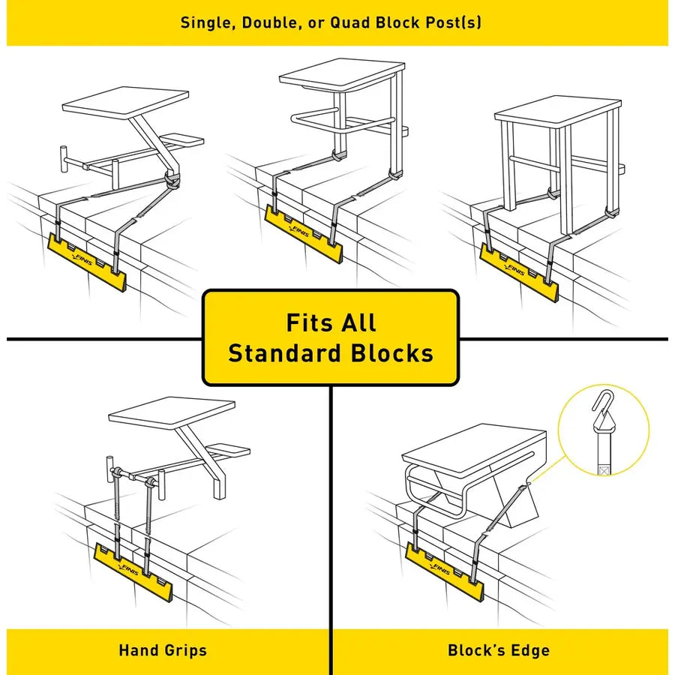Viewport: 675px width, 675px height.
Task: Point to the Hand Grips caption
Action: click(x=163, y=650)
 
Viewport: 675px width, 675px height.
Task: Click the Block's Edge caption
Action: click(x=499, y=650)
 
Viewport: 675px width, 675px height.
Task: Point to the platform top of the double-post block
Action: click(x=341, y=75)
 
